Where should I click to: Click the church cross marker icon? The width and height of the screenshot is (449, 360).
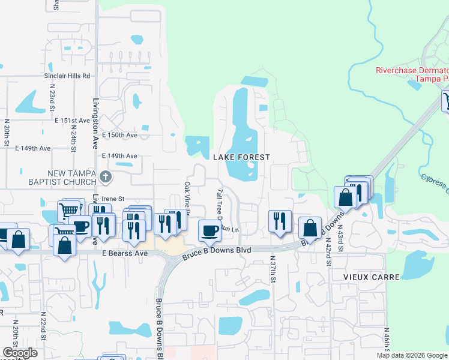coord(106,176)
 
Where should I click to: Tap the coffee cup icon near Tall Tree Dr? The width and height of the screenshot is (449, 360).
coord(209,230)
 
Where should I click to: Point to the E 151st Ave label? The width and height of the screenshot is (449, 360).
coord(72,121)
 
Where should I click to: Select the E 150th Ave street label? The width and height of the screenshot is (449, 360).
coord(120,136)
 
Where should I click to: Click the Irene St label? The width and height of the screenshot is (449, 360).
coord(112,199)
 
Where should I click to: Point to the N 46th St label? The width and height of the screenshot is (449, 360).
coord(387,343)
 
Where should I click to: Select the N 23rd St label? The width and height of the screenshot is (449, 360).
coord(52,99)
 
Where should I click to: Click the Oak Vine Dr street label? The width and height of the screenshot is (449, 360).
coord(187,199)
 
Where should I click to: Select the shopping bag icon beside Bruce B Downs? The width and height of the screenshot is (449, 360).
coord(309,227)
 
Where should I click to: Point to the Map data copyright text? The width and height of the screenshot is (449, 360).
coord(412,355)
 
